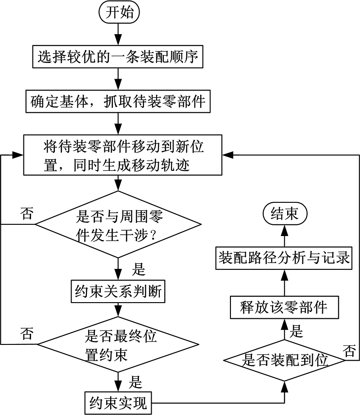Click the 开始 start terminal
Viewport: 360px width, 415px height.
[119, 13]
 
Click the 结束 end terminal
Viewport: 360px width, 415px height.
[284, 214]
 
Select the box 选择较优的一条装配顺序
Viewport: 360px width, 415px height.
[118, 57]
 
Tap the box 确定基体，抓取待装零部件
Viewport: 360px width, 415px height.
[118, 101]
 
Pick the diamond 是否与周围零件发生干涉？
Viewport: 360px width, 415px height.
[118, 224]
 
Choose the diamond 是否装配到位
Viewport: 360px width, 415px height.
[284, 360]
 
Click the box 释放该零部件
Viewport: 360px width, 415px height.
[284, 308]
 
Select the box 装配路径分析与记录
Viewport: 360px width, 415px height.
[284, 259]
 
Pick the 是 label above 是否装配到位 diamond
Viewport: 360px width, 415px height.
[297, 332]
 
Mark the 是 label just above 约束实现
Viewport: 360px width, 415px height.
[135, 382]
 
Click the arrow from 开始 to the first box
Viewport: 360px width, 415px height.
[119, 34]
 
